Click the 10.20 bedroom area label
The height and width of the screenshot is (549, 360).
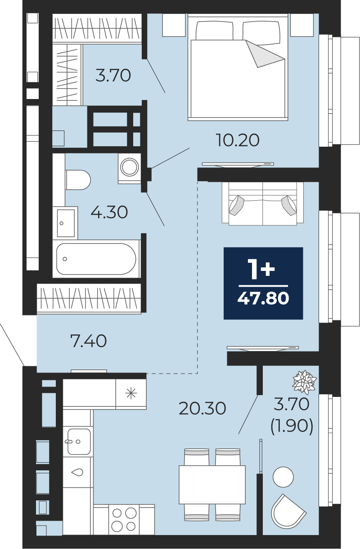[237, 140]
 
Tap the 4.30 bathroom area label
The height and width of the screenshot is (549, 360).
[109, 212]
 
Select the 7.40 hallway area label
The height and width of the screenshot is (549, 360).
[88, 341]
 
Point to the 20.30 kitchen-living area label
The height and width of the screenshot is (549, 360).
[202, 408]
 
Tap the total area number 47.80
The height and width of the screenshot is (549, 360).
[263, 298]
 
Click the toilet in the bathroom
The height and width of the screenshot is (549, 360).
[78, 180]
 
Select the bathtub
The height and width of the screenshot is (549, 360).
[96, 259]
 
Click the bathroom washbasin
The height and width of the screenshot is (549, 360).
[65, 223]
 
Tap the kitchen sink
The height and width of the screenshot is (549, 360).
[79, 441]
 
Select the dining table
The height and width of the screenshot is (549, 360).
[212, 485]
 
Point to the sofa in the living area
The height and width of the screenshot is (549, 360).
[263, 203]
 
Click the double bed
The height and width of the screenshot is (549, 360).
[238, 67]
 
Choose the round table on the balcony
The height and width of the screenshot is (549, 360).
[283, 477]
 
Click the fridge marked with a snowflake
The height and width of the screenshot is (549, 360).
[131, 394]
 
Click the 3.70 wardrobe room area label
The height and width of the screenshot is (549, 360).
[113, 76]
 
